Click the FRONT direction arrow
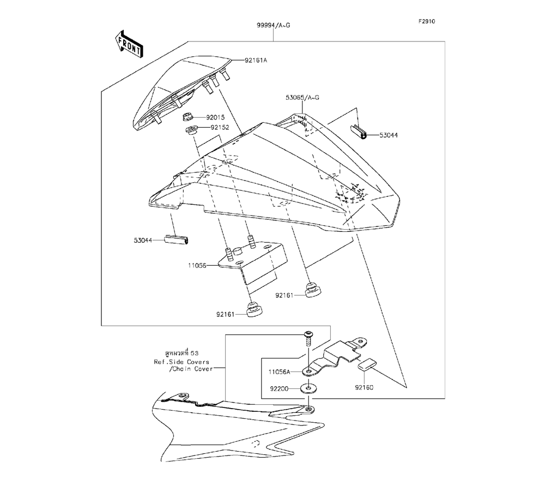click(x=129, y=44)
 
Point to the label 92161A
click(x=256, y=61)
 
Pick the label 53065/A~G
click(x=302, y=98)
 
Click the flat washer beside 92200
click(x=310, y=389)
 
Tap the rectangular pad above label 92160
click(x=367, y=364)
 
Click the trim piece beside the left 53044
click(x=176, y=239)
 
